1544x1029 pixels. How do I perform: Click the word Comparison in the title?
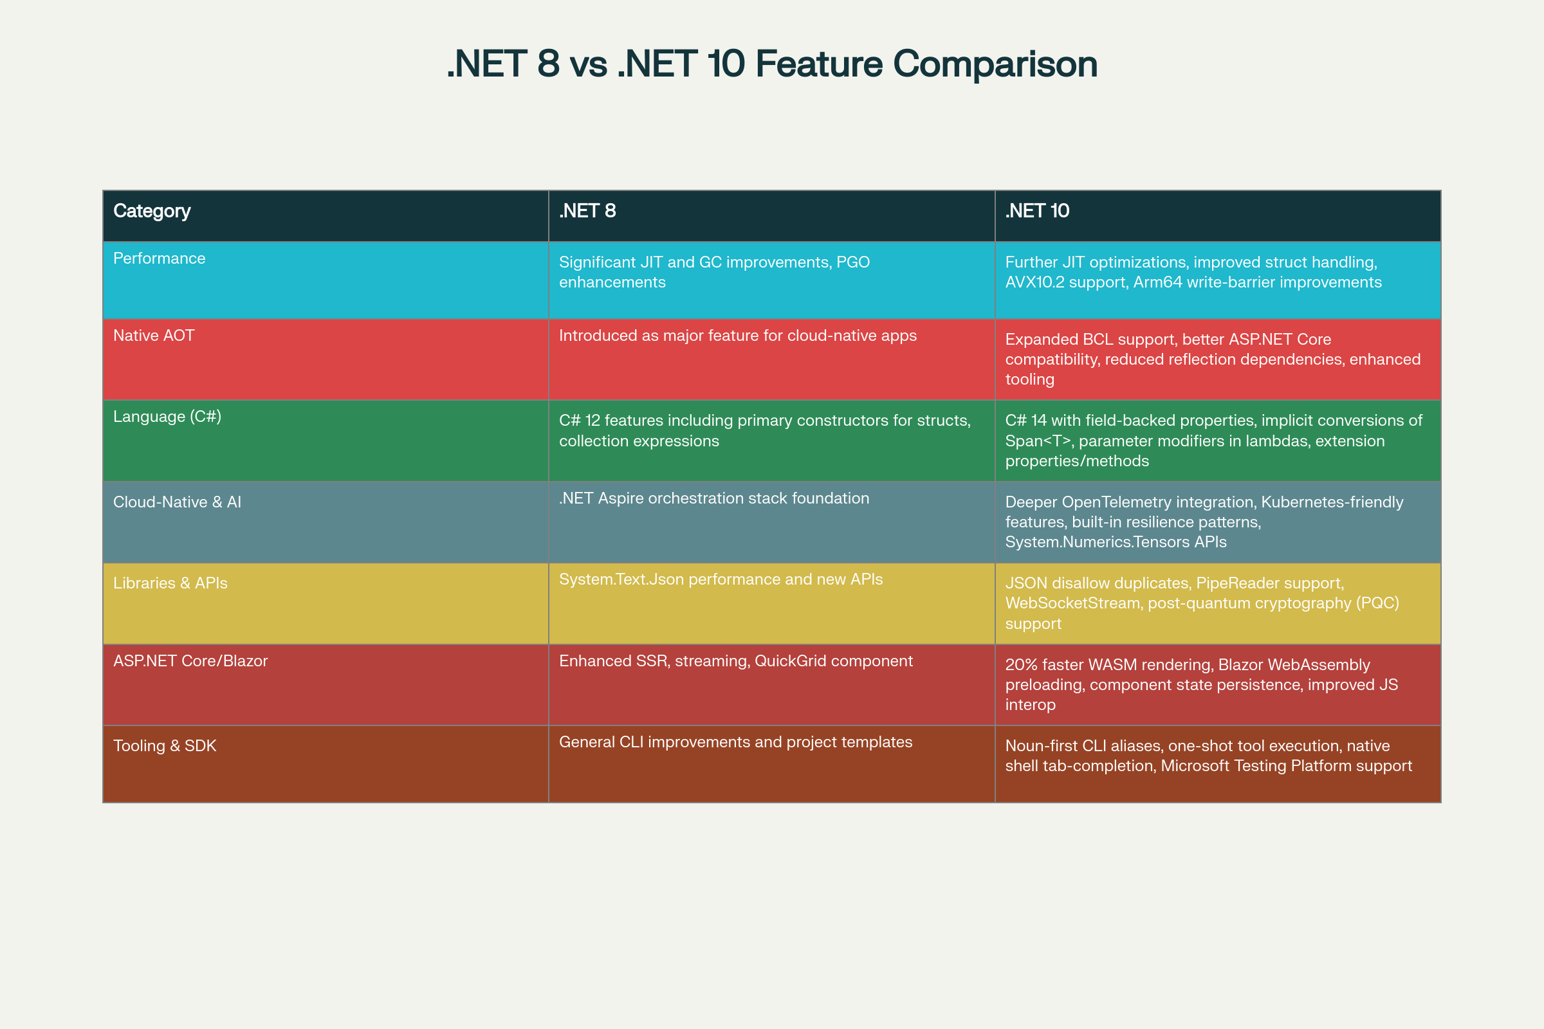click(x=995, y=64)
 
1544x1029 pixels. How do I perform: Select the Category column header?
click(x=152, y=212)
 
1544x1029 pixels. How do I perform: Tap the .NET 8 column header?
click(x=587, y=211)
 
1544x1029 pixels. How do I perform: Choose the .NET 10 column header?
click(x=1037, y=211)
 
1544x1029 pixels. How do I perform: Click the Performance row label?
click(x=159, y=259)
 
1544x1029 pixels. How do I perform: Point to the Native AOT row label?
click(x=154, y=335)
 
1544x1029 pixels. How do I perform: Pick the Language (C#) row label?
click(x=167, y=417)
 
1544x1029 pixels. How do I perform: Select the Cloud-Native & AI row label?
click(x=178, y=502)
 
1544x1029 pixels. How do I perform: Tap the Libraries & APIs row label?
click(x=170, y=583)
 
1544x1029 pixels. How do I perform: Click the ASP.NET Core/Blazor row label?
click(x=190, y=661)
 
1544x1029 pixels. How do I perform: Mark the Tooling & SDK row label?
click(x=165, y=746)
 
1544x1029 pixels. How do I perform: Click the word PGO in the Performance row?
click(x=853, y=262)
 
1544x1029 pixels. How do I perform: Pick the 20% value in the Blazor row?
click(x=1022, y=665)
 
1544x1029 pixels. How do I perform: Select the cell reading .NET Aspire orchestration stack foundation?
click(x=713, y=499)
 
